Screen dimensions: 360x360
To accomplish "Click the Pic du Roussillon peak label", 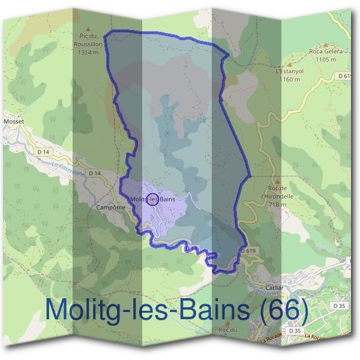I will coord(87,38).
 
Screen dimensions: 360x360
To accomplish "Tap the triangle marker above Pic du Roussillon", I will coord(88,28).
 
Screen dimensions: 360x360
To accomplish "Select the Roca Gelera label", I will coord(326,52).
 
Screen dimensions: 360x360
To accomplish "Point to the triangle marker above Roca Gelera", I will coord(326,44).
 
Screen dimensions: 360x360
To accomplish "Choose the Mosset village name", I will coord(13,121).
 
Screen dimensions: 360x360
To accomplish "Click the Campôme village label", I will coord(110,207).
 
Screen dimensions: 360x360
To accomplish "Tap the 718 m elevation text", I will coord(275,205).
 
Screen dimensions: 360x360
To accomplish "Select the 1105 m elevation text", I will coord(326,59).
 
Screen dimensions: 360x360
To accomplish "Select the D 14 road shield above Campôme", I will coord(94,173).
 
